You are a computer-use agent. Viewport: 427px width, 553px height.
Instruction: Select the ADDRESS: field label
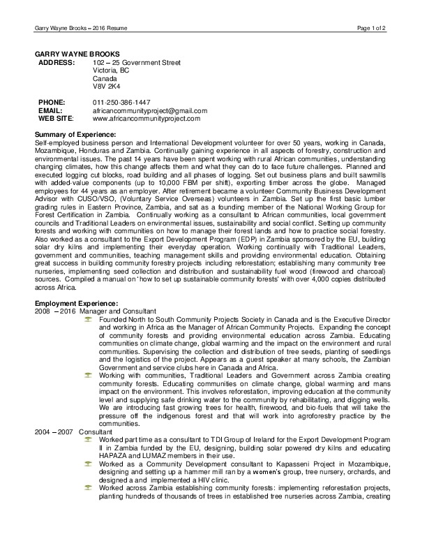click(57, 62)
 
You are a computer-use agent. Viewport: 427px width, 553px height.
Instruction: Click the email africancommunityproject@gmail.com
click(150, 110)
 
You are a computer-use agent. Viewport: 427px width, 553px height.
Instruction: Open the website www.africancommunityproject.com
click(146, 118)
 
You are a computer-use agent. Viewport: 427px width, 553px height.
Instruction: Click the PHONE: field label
click(52, 102)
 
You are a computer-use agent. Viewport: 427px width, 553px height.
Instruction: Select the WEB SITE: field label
click(55, 118)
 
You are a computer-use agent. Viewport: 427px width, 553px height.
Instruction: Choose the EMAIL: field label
click(51, 110)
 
